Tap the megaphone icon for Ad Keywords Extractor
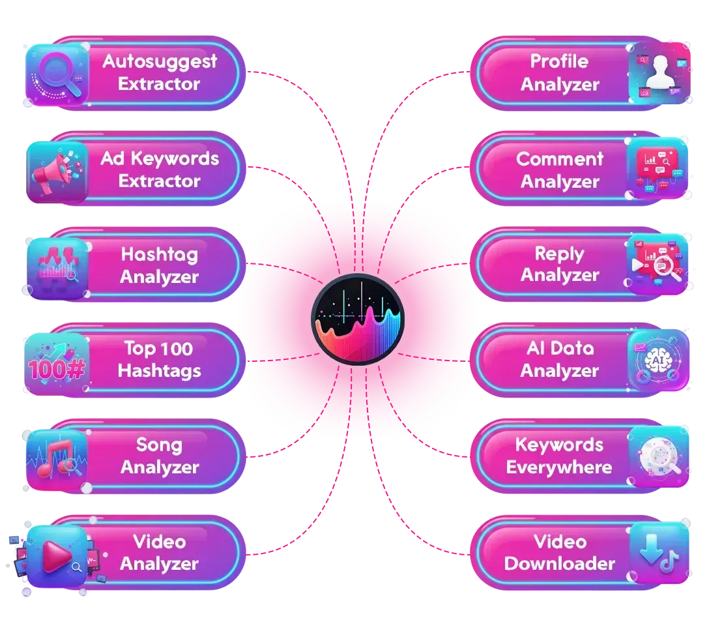tap(57, 171)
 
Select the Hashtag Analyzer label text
tap(160, 265)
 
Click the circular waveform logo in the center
tap(357, 319)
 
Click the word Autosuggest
tap(160, 61)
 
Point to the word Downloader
tap(560, 564)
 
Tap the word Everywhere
tap(559, 467)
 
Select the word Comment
tap(560, 158)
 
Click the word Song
tap(158, 445)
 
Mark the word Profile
tap(559, 61)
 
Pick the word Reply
tap(559, 254)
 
